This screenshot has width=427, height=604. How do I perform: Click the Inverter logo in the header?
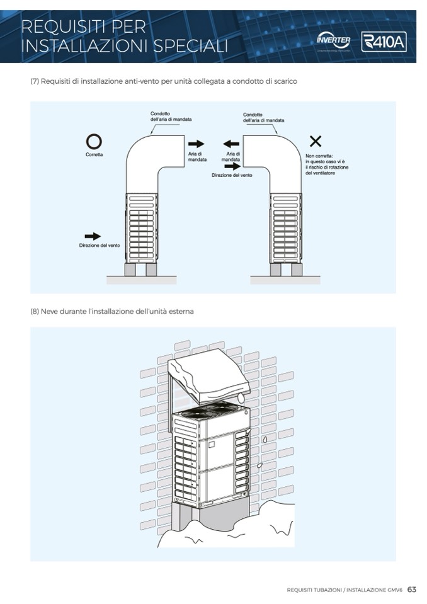point(334,41)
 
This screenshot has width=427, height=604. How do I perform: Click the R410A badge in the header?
point(384,42)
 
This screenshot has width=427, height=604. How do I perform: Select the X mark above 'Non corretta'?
point(316,141)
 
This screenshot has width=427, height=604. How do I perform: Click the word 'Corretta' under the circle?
point(94,154)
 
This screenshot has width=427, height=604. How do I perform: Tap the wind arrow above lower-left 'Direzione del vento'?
point(93,236)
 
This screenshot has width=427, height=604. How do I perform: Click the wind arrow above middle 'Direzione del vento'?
point(232,166)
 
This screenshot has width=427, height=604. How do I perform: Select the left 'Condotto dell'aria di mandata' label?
point(171,116)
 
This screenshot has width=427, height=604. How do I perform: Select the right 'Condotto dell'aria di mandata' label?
point(263,117)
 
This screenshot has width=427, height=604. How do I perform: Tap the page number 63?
point(412,590)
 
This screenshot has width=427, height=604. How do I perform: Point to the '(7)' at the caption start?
point(35,82)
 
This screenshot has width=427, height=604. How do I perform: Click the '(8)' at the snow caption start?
point(35,311)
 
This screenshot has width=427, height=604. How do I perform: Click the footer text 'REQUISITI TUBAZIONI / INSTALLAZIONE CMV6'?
point(344,590)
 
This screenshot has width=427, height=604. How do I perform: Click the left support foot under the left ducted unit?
point(131,270)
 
